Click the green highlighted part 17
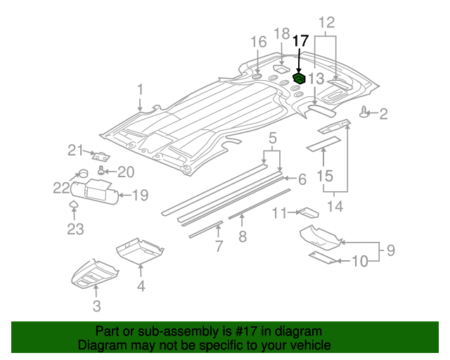(x=299, y=77)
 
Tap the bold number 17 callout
(x=300, y=41)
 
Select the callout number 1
(x=140, y=89)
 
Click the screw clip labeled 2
(x=364, y=112)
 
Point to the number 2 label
(x=383, y=113)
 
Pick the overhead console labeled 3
(x=96, y=277)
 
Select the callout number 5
(x=272, y=136)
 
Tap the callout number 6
(x=302, y=180)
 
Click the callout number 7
(x=219, y=246)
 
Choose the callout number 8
(x=243, y=237)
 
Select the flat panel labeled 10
(x=323, y=257)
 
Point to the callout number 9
(x=390, y=250)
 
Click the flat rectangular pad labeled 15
(x=322, y=144)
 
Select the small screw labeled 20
(x=103, y=170)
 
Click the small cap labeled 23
(x=74, y=205)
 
